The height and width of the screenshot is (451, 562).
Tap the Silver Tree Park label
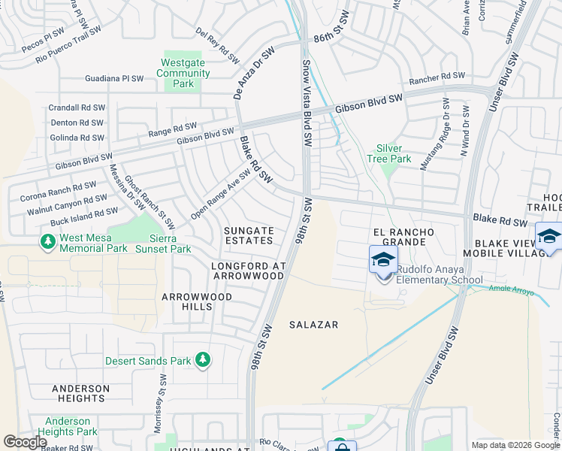pyautogui.click(x=388, y=153)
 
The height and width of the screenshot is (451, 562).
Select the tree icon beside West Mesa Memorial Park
pyautogui.click(x=48, y=241)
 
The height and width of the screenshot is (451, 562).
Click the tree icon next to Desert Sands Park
pyautogui.click(x=202, y=360)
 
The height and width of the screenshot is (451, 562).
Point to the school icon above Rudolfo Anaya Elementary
pyautogui.click(x=384, y=260)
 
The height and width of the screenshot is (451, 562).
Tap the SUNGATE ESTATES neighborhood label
pyautogui.click(x=248, y=235)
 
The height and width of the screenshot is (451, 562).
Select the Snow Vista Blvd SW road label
pyautogui.click(x=307, y=104)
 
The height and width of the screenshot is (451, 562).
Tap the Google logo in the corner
pyautogui.click(x=25, y=441)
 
